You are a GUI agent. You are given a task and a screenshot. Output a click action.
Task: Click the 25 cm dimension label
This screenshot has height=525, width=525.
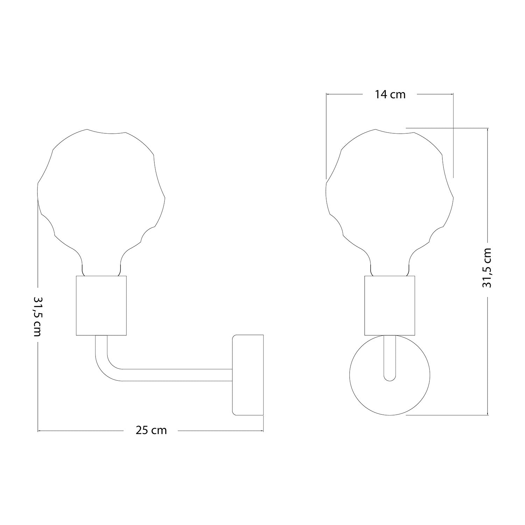point(151,430)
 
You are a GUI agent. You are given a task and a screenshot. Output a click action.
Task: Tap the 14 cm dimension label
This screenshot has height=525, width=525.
point(390,94)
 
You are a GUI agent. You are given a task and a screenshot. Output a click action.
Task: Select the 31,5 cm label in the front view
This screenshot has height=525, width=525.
point(487,268)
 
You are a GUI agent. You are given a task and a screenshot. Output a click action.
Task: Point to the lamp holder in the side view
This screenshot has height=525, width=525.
point(101,306)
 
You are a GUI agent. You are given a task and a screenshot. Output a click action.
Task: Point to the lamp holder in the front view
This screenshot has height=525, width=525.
point(390,306)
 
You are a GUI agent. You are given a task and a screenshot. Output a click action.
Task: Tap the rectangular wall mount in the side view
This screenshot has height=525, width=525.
point(248,375)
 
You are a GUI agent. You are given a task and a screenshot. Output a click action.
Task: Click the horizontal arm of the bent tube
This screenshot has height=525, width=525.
point(175,375)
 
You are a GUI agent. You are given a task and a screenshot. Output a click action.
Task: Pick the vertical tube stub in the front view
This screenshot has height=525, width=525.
point(390,353)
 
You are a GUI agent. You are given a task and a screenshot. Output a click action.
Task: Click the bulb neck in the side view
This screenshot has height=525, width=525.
point(101,266)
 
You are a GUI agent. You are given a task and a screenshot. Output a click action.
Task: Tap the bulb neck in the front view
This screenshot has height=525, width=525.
point(390,266)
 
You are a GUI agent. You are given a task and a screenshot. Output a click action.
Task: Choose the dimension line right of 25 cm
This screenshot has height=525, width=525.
point(220,430)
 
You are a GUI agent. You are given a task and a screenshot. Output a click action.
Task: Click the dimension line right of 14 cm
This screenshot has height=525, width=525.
point(436,94)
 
